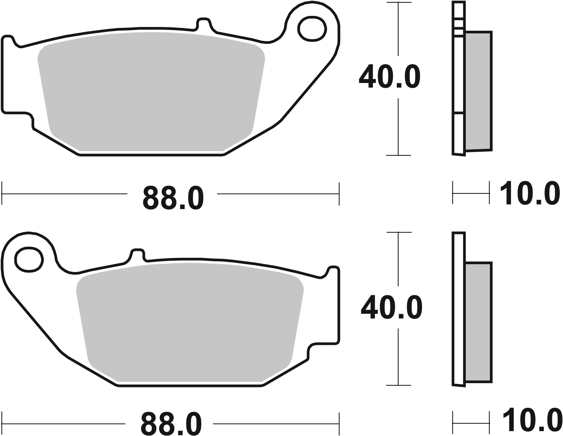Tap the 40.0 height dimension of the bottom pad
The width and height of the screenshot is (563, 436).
(391, 308)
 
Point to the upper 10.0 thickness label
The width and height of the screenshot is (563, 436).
(530, 194)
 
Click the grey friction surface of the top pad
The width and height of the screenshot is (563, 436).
(151, 92)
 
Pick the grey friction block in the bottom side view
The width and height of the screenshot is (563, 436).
(478, 323)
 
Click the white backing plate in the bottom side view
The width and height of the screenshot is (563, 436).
(458, 308)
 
